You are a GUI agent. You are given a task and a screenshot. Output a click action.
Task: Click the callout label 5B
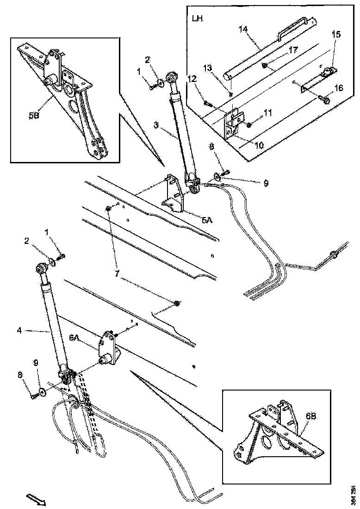coord(34,116)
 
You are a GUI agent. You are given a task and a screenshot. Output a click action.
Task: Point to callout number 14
coord(243,29)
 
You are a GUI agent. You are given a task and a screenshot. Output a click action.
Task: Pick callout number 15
coord(336,35)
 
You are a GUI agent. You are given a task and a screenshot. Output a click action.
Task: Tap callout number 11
coord(268,112)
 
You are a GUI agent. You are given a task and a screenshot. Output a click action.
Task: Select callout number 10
coord(259,145)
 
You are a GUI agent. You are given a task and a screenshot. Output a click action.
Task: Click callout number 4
coord(19,330)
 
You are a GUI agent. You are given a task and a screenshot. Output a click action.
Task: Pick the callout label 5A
coord(206,221)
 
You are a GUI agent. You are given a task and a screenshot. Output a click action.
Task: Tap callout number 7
coord(117,274)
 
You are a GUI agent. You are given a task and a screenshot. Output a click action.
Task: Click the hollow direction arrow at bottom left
coord(36,499)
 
